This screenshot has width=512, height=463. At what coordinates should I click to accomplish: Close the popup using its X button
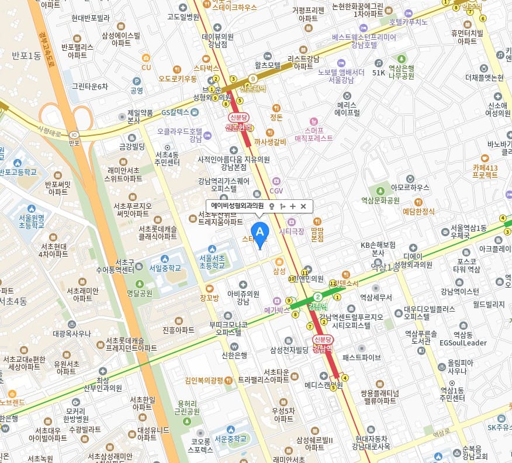point(303,206)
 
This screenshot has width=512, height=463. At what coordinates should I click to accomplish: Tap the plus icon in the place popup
point(292,206)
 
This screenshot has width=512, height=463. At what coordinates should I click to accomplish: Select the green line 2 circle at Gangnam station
point(317,297)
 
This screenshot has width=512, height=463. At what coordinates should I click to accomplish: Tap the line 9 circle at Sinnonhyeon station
point(252,78)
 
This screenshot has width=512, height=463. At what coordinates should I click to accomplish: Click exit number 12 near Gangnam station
point(333,283)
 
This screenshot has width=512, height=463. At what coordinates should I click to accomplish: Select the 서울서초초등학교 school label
point(212,261)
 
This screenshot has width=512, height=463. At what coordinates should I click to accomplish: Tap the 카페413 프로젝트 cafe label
point(485,171)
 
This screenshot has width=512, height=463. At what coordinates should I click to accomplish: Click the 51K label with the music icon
point(379,72)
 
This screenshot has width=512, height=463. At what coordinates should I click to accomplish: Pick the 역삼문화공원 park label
point(380,200)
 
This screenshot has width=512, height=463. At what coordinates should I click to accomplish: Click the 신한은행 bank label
point(234,355)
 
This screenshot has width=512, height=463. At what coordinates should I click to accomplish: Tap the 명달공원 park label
point(139,292)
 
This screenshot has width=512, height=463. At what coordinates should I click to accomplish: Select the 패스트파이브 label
point(361,357)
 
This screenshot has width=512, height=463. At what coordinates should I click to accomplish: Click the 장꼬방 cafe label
point(209,297)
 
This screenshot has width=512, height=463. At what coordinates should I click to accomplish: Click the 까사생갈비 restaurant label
point(269,141)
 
